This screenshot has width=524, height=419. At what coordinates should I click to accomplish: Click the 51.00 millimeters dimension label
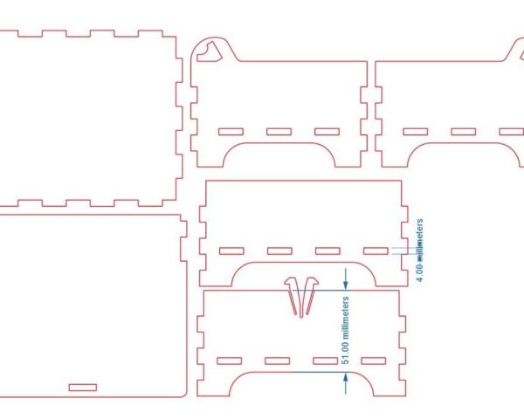click(x=346, y=329)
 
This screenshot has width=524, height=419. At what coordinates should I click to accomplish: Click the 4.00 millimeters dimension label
click(x=420, y=251)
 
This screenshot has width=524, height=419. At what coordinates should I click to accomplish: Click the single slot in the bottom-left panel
click(x=83, y=386)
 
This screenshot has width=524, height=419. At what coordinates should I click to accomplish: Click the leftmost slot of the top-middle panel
click(x=231, y=132)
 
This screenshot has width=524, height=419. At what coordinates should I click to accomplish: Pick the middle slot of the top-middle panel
click(x=279, y=132)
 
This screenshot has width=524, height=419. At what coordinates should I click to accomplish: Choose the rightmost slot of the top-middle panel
click(x=327, y=132)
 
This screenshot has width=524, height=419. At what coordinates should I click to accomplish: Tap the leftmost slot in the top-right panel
click(x=414, y=132)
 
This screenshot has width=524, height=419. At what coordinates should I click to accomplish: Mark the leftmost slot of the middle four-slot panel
click(x=232, y=251)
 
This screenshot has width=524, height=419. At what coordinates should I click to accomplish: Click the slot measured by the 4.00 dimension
click(x=376, y=251)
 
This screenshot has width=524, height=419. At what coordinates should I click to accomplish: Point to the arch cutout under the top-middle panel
click(x=281, y=155)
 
